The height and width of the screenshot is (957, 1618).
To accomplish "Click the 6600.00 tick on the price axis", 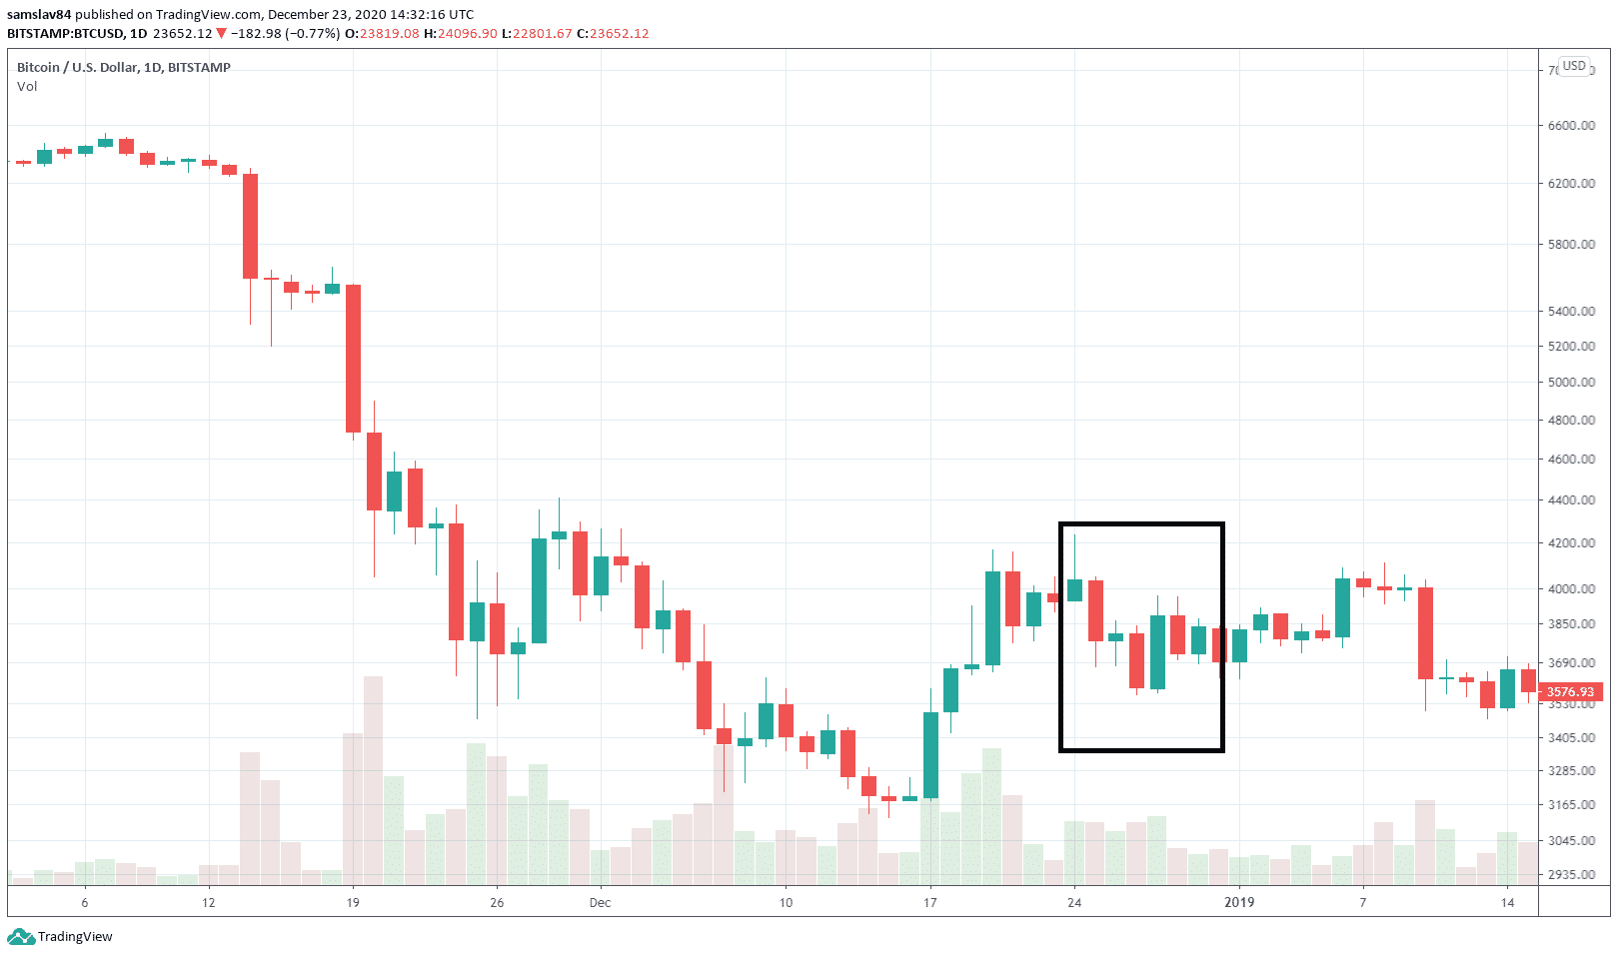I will pyautogui.click(x=1571, y=126).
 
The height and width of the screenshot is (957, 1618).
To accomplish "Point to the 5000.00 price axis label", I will pyautogui.click(x=1571, y=383).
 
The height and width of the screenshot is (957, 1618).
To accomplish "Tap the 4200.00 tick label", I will pyautogui.click(x=1571, y=543).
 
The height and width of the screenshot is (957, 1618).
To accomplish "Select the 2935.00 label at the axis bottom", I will pyautogui.click(x=1571, y=875).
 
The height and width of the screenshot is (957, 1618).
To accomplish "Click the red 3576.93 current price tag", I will pyautogui.click(x=1571, y=692).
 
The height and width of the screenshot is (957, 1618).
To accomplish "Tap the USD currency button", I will pyautogui.click(x=1574, y=66).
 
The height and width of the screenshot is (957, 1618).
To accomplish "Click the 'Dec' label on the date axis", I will pyautogui.click(x=600, y=903).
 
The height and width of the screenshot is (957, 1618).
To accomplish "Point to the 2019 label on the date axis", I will pyautogui.click(x=1239, y=903).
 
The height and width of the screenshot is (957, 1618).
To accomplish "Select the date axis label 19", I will pyautogui.click(x=353, y=903).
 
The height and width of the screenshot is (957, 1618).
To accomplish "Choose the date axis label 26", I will pyautogui.click(x=497, y=903).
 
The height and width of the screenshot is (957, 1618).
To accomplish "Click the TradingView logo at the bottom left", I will pyautogui.click(x=60, y=937).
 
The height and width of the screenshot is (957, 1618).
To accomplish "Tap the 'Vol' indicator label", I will pyautogui.click(x=27, y=87).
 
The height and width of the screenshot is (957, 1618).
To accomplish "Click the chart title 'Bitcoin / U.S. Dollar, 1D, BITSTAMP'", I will pyautogui.click(x=124, y=68).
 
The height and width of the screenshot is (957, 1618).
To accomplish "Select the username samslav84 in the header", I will pyautogui.click(x=39, y=15).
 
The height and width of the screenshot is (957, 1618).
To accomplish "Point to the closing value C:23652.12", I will pyautogui.click(x=613, y=34).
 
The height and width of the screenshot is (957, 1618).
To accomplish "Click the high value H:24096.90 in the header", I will pyautogui.click(x=461, y=34).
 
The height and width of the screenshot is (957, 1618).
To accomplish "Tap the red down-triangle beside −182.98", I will pyautogui.click(x=221, y=34).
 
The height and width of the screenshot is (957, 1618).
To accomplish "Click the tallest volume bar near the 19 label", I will pyautogui.click(x=373, y=780).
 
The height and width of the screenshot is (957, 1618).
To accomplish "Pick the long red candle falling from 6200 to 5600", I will pyautogui.click(x=250, y=226).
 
